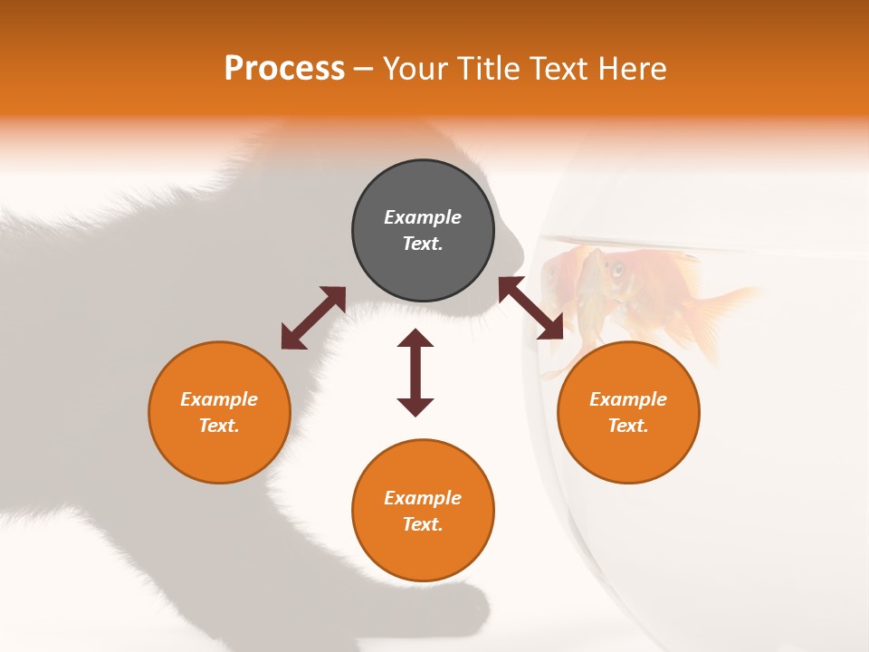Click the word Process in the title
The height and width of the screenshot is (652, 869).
tap(284, 69)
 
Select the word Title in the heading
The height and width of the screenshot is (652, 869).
tap(491, 69)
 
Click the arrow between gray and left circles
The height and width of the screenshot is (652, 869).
tap(313, 318)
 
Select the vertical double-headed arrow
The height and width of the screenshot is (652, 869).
tap(415, 372)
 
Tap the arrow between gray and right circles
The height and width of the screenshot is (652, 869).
tap(530, 309)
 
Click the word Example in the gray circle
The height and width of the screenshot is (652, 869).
tap(423, 217)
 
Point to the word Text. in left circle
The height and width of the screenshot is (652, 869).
tap(219, 426)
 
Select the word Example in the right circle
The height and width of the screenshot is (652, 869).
tap(628, 399)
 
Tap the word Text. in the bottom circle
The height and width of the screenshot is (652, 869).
tap(423, 524)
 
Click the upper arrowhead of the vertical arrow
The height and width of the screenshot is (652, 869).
tap(415, 338)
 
